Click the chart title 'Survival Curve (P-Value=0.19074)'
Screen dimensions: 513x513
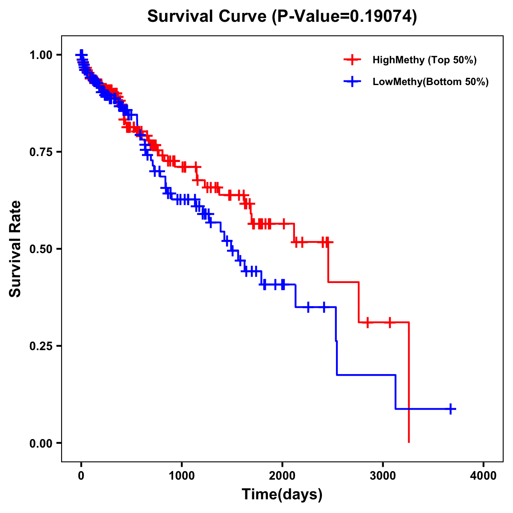(x=282, y=17)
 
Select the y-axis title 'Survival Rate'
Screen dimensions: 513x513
(x=15, y=248)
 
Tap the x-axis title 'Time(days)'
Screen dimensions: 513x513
(x=282, y=495)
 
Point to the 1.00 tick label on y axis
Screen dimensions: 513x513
(x=41, y=55)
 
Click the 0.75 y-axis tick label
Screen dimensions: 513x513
(x=41, y=152)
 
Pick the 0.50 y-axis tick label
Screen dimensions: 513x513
(x=41, y=249)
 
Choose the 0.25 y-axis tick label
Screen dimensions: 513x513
(x=41, y=346)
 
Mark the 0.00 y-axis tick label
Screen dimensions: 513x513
(x=41, y=443)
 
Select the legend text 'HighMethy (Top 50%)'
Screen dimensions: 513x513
(x=424, y=60)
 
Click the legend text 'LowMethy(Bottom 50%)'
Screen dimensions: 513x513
(x=430, y=82)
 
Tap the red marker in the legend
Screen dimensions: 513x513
(x=352, y=60)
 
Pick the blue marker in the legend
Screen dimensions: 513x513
(x=352, y=82)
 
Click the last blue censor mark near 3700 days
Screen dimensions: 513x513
(x=450, y=409)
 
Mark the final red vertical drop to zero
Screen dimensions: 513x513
(x=409, y=385)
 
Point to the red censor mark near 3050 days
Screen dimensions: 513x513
(x=389, y=322)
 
